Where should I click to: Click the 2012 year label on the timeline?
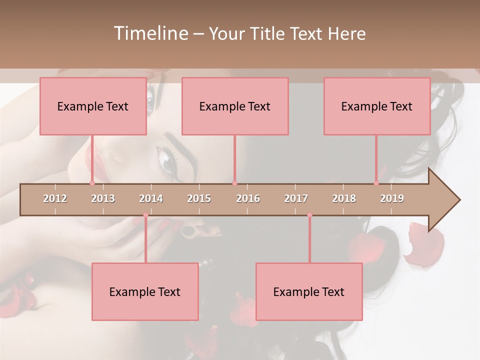click(x=55, y=198)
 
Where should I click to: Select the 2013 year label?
click(x=103, y=198)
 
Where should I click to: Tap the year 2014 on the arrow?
click(x=151, y=198)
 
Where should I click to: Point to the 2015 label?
click(x=199, y=198)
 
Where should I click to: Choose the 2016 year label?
click(x=248, y=198)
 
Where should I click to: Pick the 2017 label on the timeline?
click(x=296, y=198)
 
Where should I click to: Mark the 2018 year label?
click(x=344, y=198)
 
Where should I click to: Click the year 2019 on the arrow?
click(x=392, y=198)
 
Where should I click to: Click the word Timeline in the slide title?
click(x=149, y=33)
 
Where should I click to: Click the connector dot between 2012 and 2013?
click(x=92, y=183)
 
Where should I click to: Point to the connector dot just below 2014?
click(x=145, y=215)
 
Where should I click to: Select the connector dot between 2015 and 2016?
click(x=234, y=183)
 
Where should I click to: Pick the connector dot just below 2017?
click(x=309, y=215)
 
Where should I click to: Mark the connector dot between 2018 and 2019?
click(x=376, y=183)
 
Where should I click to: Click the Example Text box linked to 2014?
click(x=145, y=292)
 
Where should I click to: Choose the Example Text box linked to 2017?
click(x=309, y=292)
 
